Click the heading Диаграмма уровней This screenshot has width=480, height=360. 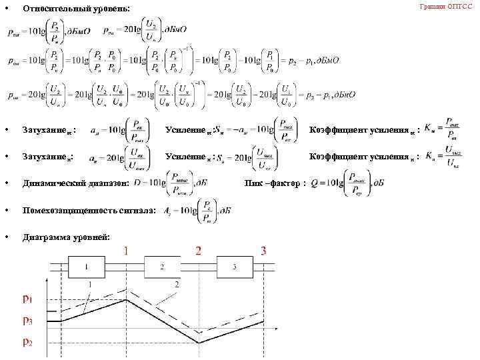tap(67, 237)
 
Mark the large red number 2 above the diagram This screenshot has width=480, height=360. tap(198, 251)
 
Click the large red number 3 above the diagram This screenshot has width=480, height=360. tap(263, 251)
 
